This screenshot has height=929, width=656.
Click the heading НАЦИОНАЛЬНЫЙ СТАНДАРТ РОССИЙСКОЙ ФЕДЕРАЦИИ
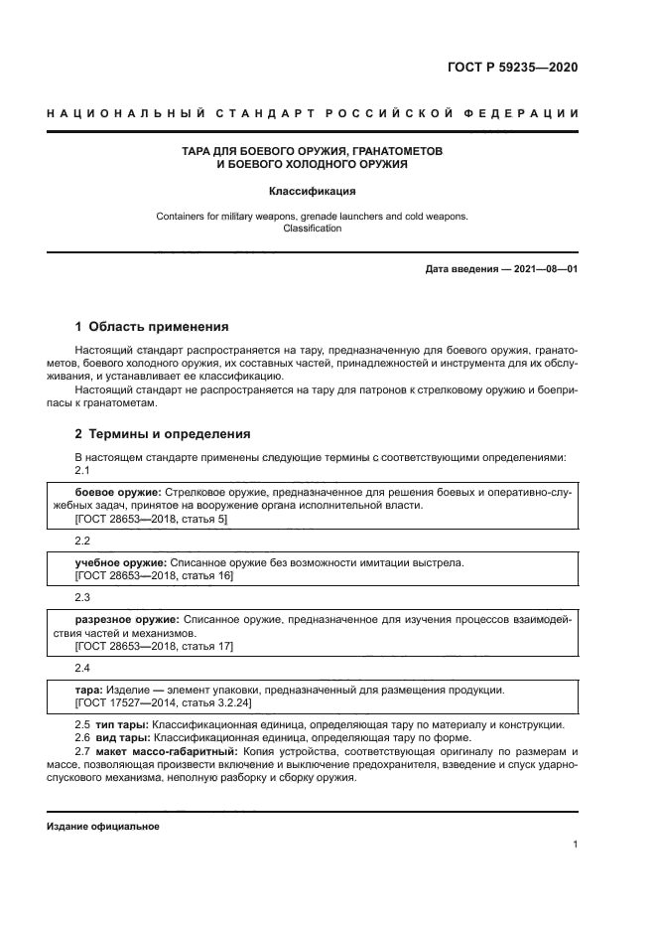coord(313,114)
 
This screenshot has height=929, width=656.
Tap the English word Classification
coord(312,229)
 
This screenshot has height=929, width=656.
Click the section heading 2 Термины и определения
coord(163,433)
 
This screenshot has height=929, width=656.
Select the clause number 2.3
coord(82,597)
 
